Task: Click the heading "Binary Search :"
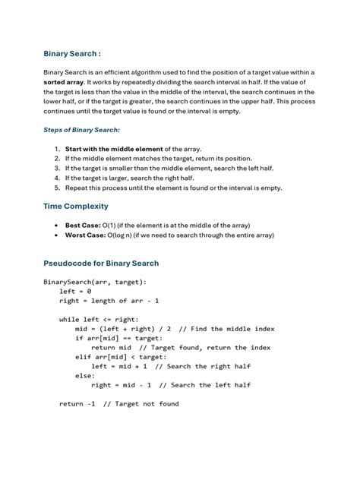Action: pyautogui.click(x=72, y=54)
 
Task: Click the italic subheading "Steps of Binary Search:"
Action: pyautogui.click(x=82, y=130)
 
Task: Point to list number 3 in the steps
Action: pyautogui.click(x=58, y=168)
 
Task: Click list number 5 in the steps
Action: pyautogui.click(x=58, y=187)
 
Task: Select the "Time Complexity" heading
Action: pyautogui.click(x=76, y=207)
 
